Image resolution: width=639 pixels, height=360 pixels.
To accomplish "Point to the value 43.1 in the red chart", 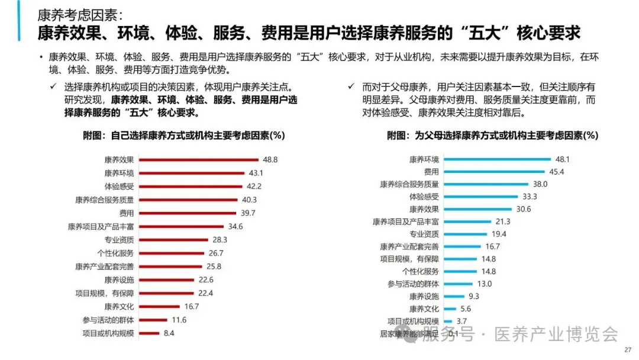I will tap(256, 173).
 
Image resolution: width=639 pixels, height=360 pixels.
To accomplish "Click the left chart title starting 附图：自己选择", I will tap(184, 136).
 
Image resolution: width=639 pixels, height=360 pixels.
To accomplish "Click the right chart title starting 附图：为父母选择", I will tap(492, 136).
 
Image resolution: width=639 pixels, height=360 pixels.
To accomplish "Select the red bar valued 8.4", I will tap(148, 333).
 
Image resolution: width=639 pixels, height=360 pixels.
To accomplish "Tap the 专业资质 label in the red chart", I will tap(119, 240).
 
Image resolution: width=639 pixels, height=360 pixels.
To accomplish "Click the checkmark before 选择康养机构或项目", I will tap(54, 86).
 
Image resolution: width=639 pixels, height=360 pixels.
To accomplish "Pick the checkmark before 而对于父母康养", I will tap(352, 86).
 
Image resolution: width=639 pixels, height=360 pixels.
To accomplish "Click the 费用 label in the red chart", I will tap(127, 213).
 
